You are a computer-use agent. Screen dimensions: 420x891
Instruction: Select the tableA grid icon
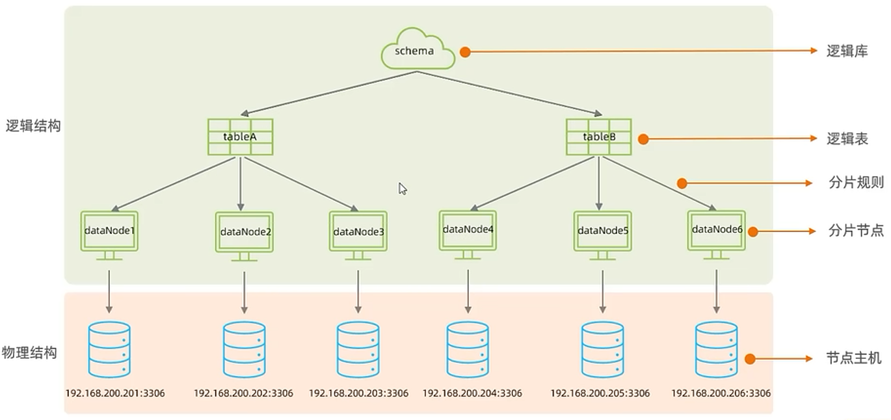click(240, 137)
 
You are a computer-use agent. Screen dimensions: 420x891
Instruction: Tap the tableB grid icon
click(598, 137)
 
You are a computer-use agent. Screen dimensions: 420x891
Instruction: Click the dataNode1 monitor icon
click(109, 232)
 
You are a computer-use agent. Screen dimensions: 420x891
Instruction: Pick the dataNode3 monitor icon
click(358, 233)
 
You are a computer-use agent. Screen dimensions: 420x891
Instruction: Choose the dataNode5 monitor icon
click(602, 232)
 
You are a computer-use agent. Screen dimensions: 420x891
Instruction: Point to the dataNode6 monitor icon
click(716, 231)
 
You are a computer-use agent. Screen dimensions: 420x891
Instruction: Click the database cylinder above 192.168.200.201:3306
click(109, 350)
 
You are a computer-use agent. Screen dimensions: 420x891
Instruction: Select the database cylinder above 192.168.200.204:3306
click(468, 350)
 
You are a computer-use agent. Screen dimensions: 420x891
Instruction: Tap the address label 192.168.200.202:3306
click(243, 393)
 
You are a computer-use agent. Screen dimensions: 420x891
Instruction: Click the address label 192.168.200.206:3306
click(721, 393)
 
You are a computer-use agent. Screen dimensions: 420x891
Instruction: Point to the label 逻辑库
click(847, 51)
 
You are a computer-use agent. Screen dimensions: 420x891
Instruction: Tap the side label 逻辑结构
click(33, 126)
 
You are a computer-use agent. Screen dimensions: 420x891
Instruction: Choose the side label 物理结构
click(29, 353)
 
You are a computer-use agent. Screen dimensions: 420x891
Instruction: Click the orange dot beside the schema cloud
click(464, 51)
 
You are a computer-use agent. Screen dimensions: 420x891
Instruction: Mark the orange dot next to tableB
click(643, 138)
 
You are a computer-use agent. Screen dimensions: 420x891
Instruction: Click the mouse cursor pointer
click(403, 189)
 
